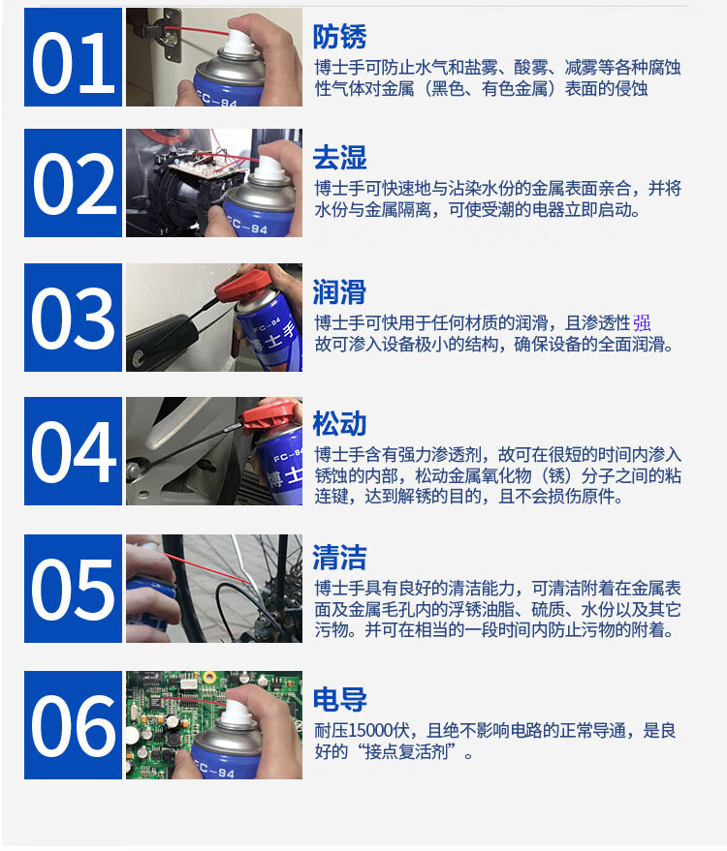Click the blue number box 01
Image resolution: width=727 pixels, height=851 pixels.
click(73, 57)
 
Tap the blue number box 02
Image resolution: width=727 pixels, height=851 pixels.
click(73, 183)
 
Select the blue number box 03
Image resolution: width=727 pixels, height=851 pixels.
click(73, 318)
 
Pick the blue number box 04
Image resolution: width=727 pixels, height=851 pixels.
click(73, 451)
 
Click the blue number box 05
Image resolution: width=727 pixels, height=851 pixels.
click(73, 589)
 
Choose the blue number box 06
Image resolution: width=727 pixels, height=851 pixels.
click(73, 725)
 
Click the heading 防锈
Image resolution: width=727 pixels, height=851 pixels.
click(339, 37)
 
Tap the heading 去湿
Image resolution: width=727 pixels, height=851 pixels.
click(339, 158)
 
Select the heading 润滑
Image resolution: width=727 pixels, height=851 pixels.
click(339, 292)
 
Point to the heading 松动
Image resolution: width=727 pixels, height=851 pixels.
click(339, 423)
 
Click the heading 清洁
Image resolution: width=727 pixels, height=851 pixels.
click(339, 558)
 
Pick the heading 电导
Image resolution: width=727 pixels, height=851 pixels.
click(339, 699)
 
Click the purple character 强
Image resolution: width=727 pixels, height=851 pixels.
click(642, 323)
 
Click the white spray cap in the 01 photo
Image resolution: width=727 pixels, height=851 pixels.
click(239, 43)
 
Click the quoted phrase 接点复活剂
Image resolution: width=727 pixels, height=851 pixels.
click(406, 751)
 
